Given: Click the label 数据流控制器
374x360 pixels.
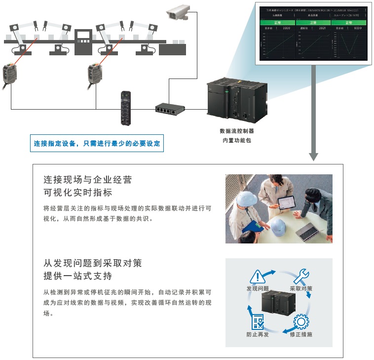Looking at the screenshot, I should (x=237, y=131).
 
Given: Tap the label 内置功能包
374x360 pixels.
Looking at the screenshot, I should (x=237, y=141).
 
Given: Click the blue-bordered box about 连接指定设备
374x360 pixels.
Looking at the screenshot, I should (x=97, y=144).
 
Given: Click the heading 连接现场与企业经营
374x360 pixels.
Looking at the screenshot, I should (x=88, y=180).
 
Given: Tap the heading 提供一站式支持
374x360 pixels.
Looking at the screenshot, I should (x=77, y=276).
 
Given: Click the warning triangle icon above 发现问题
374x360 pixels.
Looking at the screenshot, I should (x=258, y=277).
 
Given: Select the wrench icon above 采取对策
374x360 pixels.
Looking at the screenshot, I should (x=300, y=277).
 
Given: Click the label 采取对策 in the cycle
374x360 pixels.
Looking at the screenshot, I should (x=300, y=288).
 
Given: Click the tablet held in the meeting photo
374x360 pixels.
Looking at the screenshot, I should (x=285, y=202).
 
